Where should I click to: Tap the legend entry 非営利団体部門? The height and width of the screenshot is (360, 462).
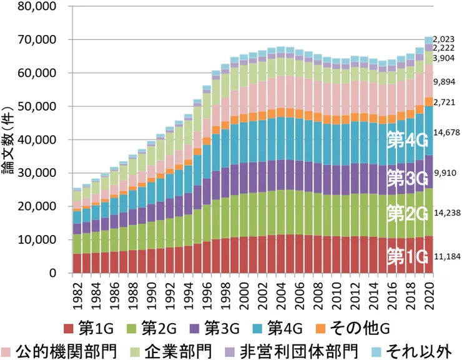tap(310, 348)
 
